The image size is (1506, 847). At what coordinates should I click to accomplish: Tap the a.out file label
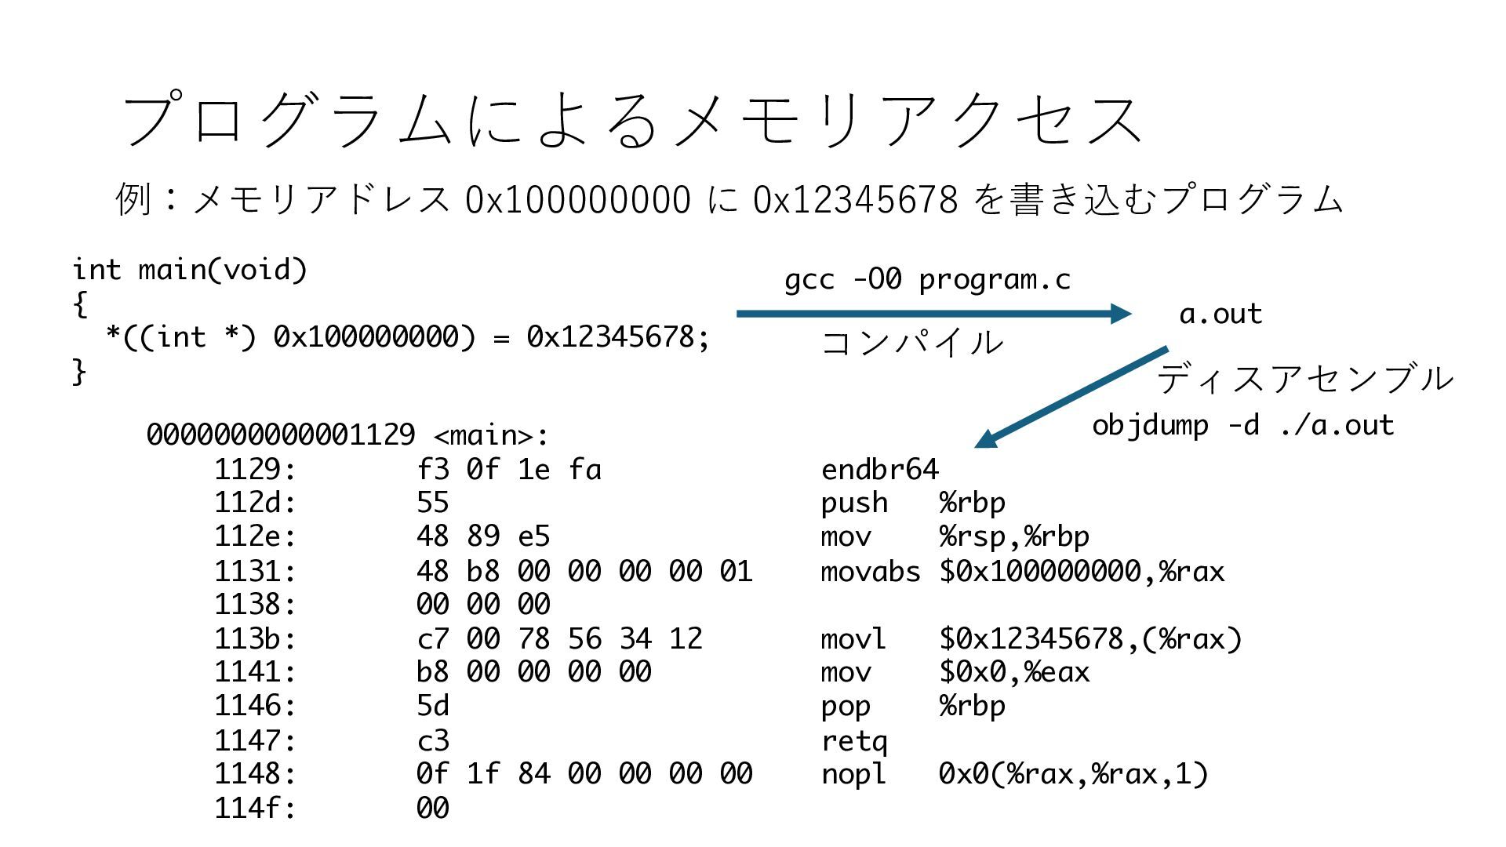pyautogui.click(x=1220, y=314)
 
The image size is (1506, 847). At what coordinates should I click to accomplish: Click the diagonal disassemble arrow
pyautogui.click(x=1071, y=397)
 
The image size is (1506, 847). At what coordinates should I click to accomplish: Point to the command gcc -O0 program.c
pyautogui.click(x=927, y=279)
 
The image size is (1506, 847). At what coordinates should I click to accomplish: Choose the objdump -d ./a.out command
pyautogui.click(x=1242, y=425)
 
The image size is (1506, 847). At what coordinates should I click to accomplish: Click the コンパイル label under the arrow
pyautogui.click(x=911, y=343)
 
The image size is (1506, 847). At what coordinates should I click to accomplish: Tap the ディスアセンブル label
pyautogui.click(x=1304, y=379)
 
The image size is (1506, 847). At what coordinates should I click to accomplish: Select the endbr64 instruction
pyautogui.click(x=879, y=469)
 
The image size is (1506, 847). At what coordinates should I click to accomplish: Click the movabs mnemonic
pyautogui.click(x=870, y=571)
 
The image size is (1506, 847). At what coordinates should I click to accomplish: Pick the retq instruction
pyautogui.click(x=854, y=740)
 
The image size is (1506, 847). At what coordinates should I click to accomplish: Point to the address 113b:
pyautogui.click(x=255, y=638)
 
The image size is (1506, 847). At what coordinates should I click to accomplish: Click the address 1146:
pyautogui.click(x=255, y=706)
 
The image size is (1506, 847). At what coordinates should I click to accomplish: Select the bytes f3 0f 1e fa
pyautogui.click(x=509, y=469)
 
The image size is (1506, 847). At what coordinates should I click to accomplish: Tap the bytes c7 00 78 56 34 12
pyautogui.click(x=559, y=638)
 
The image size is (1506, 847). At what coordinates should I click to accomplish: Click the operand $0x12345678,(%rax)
pyautogui.click(x=1090, y=638)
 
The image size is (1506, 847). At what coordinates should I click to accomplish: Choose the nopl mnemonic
pyautogui.click(x=853, y=774)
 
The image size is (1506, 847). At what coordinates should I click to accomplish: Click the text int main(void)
pyautogui.click(x=190, y=269)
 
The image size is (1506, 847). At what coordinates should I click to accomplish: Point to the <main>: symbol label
pyautogui.click(x=490, y=434)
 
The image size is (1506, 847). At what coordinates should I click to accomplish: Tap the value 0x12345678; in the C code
pyautogui.click(x=617, y=336)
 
